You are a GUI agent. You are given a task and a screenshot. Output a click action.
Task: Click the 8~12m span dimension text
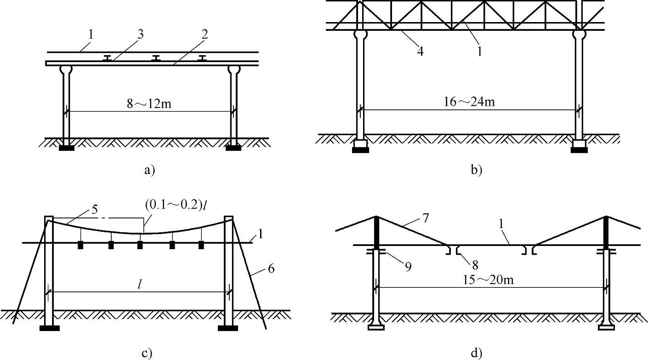149,104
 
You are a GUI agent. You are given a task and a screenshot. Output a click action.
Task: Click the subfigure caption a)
150,171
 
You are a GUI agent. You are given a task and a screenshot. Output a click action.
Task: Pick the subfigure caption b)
476,171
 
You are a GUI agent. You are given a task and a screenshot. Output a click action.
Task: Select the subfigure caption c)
147,353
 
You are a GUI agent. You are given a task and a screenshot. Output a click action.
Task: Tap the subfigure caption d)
476,353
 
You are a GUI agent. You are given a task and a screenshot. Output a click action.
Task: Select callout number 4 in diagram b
420,51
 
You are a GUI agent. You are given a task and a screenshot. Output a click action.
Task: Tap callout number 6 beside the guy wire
271,268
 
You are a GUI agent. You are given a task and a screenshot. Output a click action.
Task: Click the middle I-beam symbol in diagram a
156,58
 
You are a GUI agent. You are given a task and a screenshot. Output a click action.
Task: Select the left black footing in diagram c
49,328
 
